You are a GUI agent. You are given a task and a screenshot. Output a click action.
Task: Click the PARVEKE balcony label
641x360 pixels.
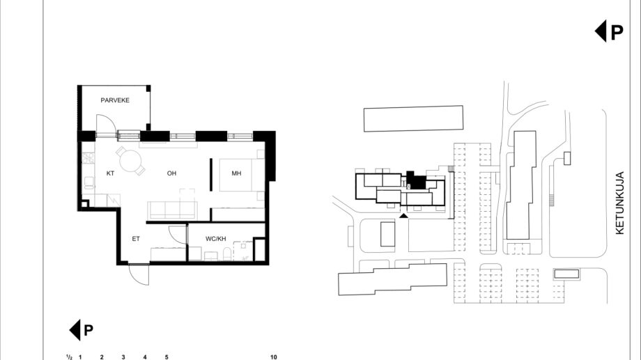point(115,100)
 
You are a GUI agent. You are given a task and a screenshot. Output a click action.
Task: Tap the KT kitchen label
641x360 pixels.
point(110,173)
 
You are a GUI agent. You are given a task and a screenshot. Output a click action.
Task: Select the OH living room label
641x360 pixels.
point(171,173)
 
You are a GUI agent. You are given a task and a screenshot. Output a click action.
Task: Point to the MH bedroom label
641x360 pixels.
point(236,173)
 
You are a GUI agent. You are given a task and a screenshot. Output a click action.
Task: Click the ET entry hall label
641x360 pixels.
point(136,239)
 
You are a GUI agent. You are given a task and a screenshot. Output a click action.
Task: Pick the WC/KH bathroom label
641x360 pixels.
point(215,239)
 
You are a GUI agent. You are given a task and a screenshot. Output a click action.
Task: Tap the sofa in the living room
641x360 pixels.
point(173,210)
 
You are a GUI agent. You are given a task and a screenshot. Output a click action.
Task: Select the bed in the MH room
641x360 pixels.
point(242,175)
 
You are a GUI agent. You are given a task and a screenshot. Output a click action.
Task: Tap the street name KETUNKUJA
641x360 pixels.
point(619,203)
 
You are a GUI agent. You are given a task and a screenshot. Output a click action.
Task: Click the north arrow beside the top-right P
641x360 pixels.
point(601,31)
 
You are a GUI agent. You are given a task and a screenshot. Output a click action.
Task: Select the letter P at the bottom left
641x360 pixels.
point(88,330)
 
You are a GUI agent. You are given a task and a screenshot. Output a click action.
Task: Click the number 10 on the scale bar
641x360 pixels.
point(274,357)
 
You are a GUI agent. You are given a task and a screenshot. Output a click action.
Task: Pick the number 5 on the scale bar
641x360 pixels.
point(167,357)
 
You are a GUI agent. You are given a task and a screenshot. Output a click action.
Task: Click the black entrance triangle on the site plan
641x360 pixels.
point(403,215)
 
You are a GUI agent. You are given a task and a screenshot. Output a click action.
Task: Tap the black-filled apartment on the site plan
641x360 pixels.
point(417,180)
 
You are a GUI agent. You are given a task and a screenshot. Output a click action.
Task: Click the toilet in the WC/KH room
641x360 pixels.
point(227,253)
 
